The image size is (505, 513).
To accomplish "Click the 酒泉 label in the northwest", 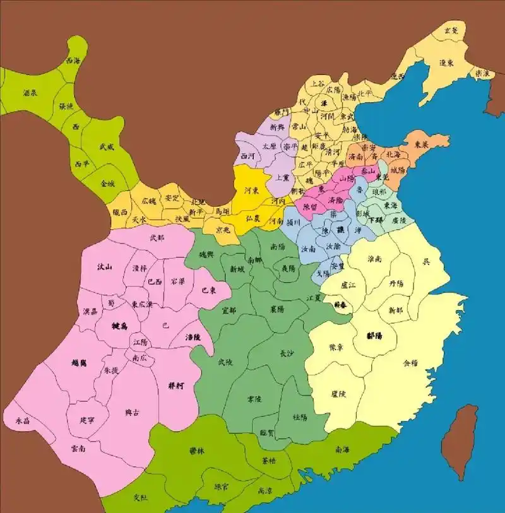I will click(30, 93).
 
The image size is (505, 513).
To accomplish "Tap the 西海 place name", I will click(74, 61).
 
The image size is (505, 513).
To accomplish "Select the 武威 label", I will click(107, 146).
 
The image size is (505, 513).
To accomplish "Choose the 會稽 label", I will click(410, 363).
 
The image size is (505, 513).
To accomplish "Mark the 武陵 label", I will click(225, 362).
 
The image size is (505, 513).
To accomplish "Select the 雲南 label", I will click(80, 448).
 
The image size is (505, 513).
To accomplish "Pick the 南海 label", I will click(343, 450).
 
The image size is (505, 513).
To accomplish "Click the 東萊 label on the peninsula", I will click(421, 143).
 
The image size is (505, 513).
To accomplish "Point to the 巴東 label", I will click(209, 290).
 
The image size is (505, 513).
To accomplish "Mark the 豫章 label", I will click(337, 348).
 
